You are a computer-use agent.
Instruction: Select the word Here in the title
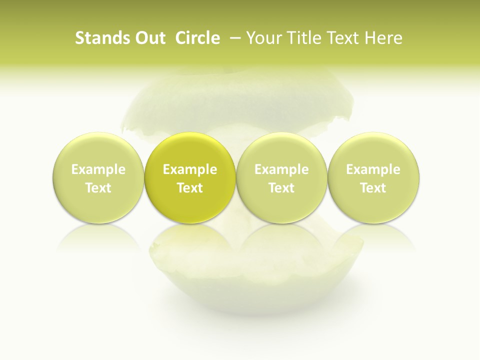383,38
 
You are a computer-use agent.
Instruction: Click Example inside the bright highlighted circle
190,169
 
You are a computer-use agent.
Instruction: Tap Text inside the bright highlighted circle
190,188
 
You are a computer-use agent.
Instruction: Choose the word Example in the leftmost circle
98,169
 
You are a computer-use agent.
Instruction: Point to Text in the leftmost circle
98,188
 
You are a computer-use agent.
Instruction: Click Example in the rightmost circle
373,169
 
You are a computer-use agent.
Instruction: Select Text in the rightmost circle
373,188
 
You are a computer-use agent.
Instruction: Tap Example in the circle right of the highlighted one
281,169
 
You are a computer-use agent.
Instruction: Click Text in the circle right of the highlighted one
281,188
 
